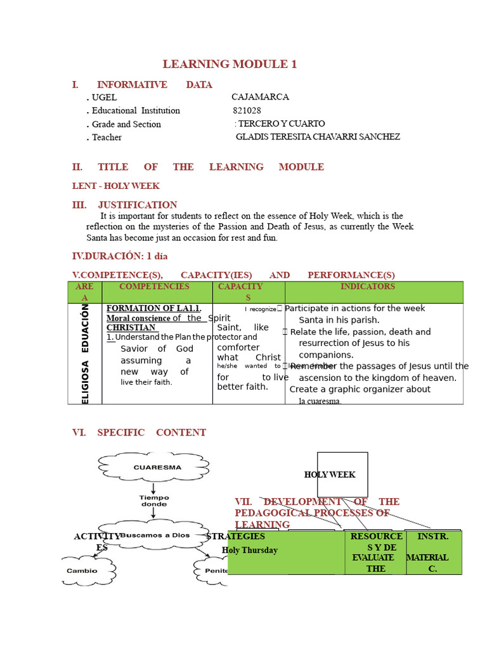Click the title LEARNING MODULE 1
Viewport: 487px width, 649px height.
230,64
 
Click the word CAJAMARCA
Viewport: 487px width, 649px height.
260,97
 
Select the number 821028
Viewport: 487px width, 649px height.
247,110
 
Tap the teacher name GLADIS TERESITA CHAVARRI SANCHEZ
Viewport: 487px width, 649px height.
318,137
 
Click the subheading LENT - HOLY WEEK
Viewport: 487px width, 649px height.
115,186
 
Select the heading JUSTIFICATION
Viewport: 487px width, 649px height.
138,205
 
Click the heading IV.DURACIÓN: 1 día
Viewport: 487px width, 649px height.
120,256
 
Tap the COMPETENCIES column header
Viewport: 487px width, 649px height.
154,286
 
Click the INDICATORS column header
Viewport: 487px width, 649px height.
368,286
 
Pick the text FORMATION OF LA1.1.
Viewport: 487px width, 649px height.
154,309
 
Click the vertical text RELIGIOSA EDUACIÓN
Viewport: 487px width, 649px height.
85,354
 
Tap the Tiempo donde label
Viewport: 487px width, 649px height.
154,501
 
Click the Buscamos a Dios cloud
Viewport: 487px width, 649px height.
154,535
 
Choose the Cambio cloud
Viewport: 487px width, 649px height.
82,570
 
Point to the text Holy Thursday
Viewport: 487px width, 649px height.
250,550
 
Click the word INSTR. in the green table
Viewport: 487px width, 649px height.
432,536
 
